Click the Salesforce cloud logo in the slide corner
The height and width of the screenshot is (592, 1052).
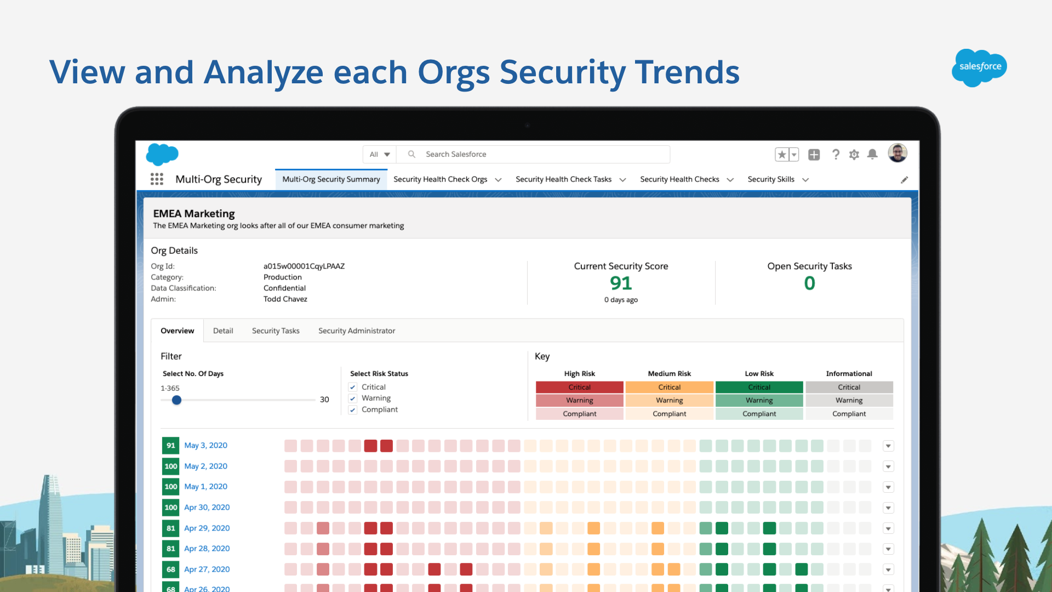click(x=979, y=67)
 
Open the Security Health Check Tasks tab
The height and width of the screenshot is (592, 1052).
click(x=563, y=179)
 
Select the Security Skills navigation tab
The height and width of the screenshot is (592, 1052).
click(x=771, y=179)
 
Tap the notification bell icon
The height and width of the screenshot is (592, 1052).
click(x=872, y=155)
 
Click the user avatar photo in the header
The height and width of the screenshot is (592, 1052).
click(x=897, y=153)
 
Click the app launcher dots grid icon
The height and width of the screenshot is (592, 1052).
click(x=157, y=179)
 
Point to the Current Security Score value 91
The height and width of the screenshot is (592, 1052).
click(x=621, y=283)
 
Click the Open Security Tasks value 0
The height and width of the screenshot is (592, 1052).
click(x=809, y=283)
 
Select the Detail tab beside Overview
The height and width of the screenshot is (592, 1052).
click(x=223, y=331)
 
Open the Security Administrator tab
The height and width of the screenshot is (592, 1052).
click(x=357, y=331)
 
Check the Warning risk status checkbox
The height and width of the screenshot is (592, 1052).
click(x=353, y=399)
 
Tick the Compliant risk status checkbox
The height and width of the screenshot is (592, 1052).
click(x=353, y=410)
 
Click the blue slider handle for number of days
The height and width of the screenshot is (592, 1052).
click(x=176, y=400)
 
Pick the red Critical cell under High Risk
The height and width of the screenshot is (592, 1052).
click(x=579, y=388)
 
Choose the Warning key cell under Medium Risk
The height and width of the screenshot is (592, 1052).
click(x=669, y=401)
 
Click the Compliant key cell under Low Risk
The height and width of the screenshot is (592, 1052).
click(x=759, y=414)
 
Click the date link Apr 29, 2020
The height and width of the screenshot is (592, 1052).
click(x=207, y=528)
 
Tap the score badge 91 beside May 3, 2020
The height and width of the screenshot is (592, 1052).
click(x=171, y=446)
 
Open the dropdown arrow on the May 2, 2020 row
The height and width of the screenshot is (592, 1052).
click(x=888, y=467)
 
